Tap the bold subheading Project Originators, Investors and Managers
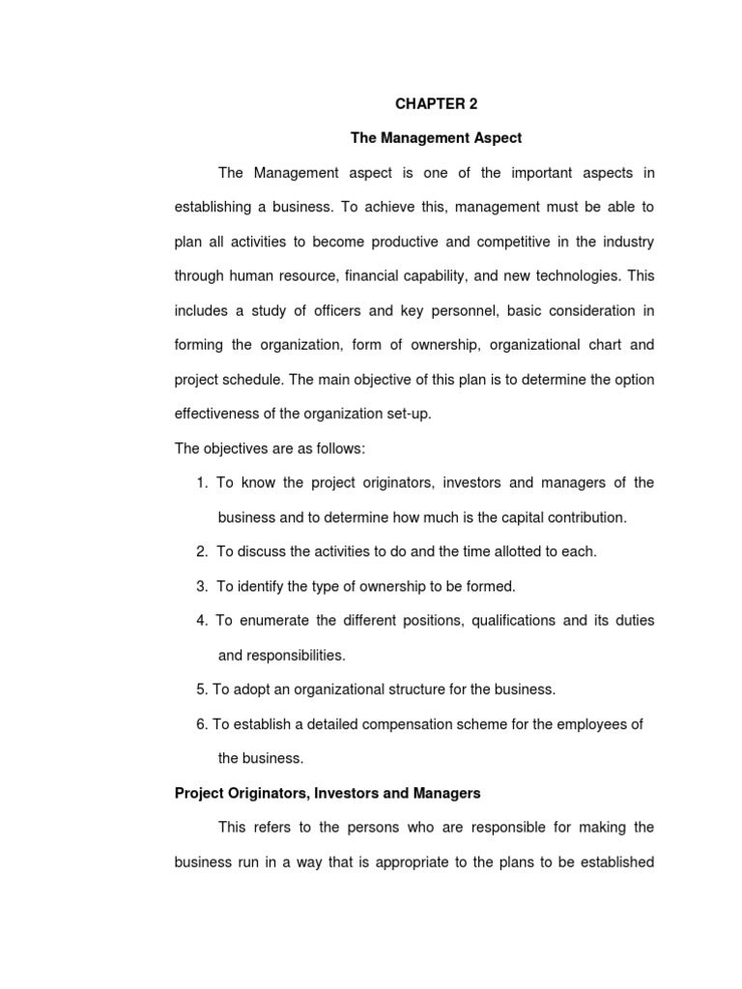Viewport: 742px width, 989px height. coord(328,793)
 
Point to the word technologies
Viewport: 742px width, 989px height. coord(570,275)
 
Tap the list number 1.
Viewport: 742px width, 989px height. coord(201,483)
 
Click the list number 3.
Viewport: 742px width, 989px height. coord(201,586)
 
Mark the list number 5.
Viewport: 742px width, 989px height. coord(201,690)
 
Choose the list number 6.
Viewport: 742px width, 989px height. coord(201,724)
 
